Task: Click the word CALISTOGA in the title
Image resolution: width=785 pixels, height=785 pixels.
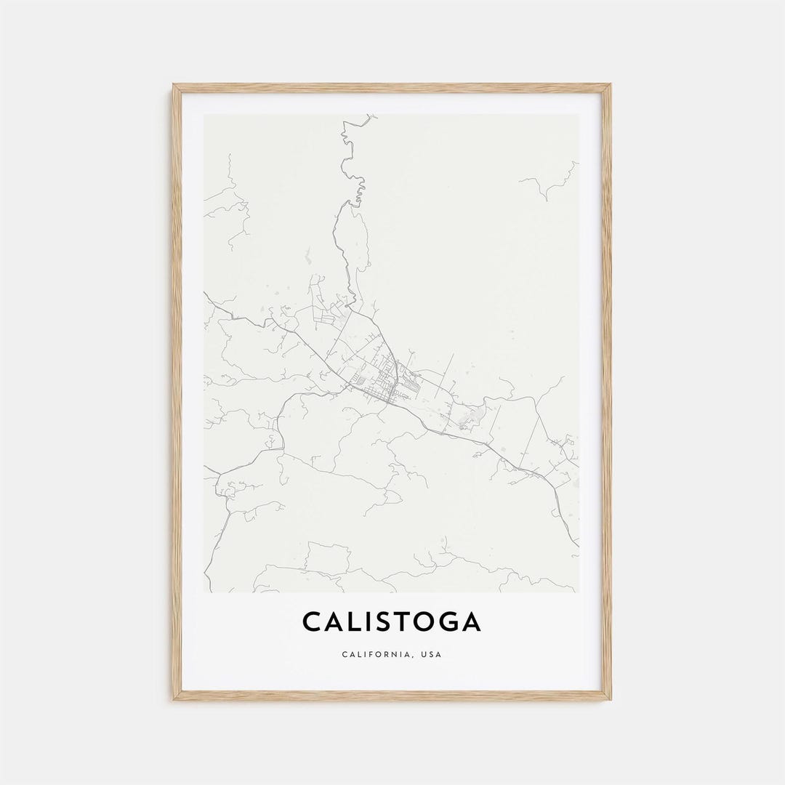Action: tap(392, 622)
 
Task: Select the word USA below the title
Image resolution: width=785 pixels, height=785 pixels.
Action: tap(430, 655)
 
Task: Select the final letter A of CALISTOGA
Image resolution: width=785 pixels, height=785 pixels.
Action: tap(470, 622)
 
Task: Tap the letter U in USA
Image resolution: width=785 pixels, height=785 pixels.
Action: tap(422, 655)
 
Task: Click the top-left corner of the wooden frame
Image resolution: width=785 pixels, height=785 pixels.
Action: tap(174, 86)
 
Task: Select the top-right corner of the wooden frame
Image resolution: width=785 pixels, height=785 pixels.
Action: tap(610, 86)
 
